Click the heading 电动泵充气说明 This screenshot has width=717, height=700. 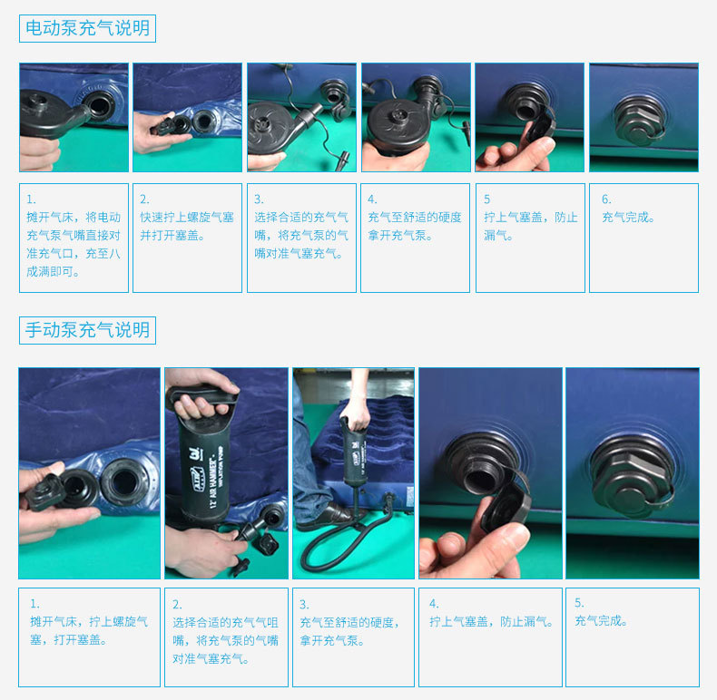[x=87, y=28]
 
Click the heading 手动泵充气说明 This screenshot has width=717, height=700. [x=87, y=330]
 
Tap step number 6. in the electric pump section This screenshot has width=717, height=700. [x=606, y=199]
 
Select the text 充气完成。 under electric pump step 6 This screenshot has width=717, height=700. [x=628, y=217]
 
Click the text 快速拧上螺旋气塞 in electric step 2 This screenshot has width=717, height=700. [x=187, y=217]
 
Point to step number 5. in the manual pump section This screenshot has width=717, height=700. [x=579, y=603]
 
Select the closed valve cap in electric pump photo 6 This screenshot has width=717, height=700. [x=638, y=120]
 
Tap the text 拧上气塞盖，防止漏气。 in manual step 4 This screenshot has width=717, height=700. [x=491, y=621]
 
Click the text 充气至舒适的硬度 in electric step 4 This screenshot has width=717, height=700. [x=415, y=217]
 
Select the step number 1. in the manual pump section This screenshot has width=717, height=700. [x=34, y=604]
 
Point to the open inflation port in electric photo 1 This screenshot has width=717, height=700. [x=99, y=104]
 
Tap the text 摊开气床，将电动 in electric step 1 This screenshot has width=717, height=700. [x=74, y=217]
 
